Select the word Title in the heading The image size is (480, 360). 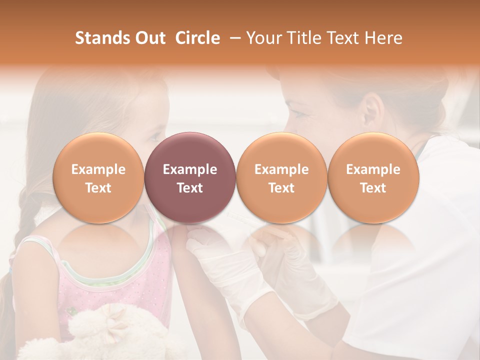[309, 38]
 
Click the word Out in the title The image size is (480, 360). [149, 38]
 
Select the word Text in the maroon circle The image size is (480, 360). [189, 188]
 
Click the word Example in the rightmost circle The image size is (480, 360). [373, 169]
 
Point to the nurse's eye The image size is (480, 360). [299, 114]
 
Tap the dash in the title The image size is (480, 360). [233, 38]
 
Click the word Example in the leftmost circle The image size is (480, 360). [98, 169]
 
